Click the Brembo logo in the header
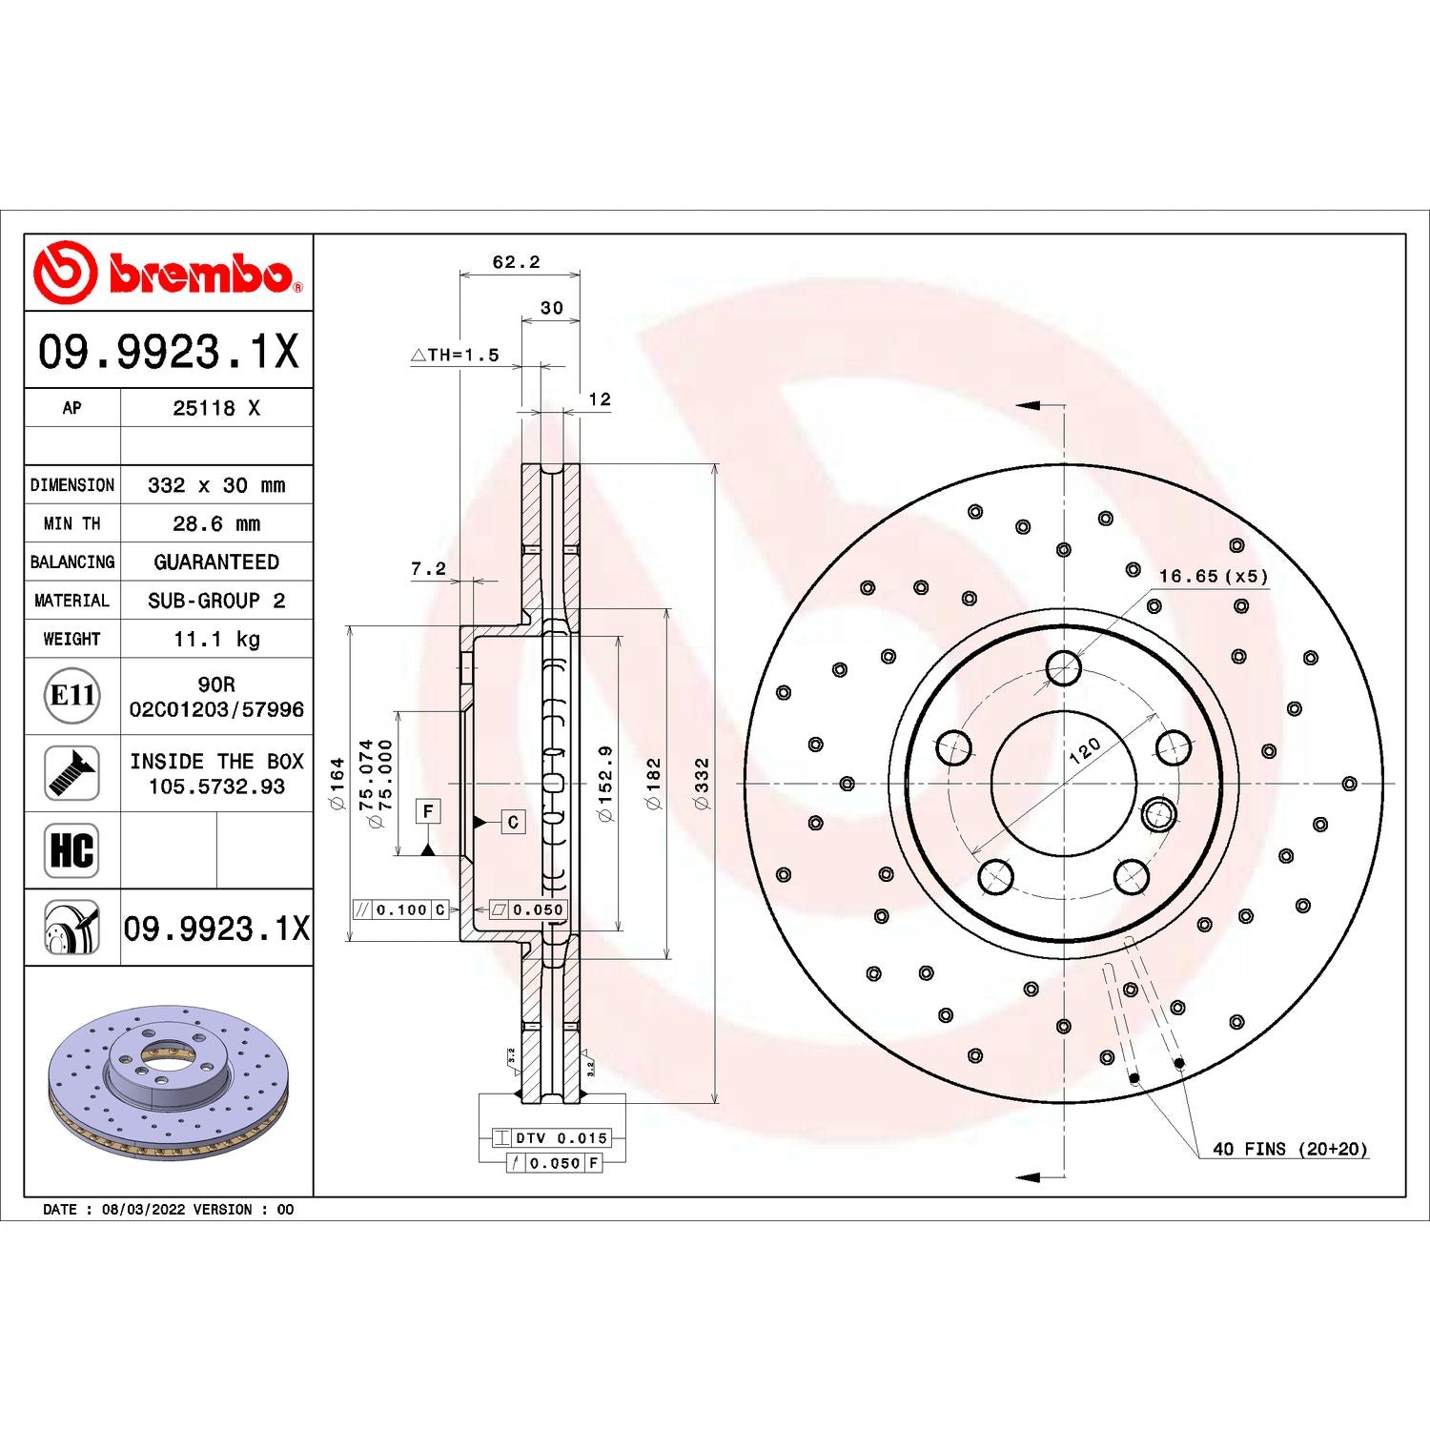point(168,273)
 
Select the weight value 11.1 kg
point(216,639)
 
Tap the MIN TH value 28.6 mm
point(216,523)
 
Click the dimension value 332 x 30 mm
point(216,485)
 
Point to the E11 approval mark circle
point(71,696)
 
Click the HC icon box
point(71,850)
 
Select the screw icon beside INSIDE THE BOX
point(71,773)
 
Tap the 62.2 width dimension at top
point(516,262)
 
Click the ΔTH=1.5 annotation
point(456,356)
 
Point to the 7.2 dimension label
point(428,569)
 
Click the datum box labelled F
point(428,811)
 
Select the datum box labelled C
point(513,822)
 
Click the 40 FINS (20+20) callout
point(1289,1150)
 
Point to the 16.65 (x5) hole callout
point(1213,577)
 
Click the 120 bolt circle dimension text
point(1085,750)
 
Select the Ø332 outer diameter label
point(703,784)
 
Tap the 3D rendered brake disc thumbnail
point(168,1082)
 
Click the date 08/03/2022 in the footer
point(143,1210)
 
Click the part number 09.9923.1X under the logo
point(168,351)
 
